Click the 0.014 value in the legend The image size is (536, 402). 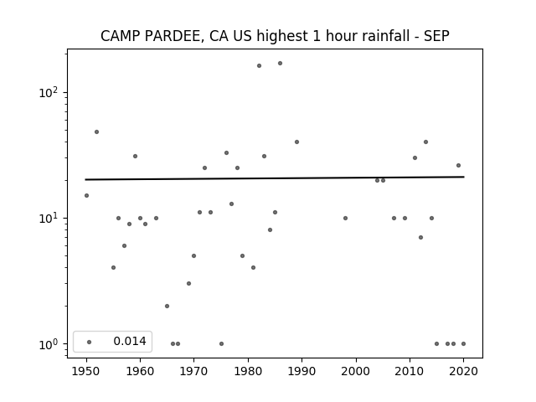130,341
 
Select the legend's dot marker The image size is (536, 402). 89,341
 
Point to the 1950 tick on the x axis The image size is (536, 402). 86,370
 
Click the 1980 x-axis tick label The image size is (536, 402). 248,370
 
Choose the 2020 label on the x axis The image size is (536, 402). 463,370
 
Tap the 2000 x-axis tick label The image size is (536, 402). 356,370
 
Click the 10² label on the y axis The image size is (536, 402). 48,92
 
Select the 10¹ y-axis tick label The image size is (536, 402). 48,218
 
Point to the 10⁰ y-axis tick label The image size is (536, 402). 48,343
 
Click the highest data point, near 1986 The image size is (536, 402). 280,63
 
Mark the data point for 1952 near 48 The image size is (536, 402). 96,131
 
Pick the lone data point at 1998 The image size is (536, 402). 345,218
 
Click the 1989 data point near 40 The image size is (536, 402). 296,142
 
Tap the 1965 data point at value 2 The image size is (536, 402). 167,306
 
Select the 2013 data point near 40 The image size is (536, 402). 425,142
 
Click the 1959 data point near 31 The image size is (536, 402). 135,156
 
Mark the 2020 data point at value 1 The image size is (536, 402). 463,343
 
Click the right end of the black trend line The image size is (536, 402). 463,177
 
